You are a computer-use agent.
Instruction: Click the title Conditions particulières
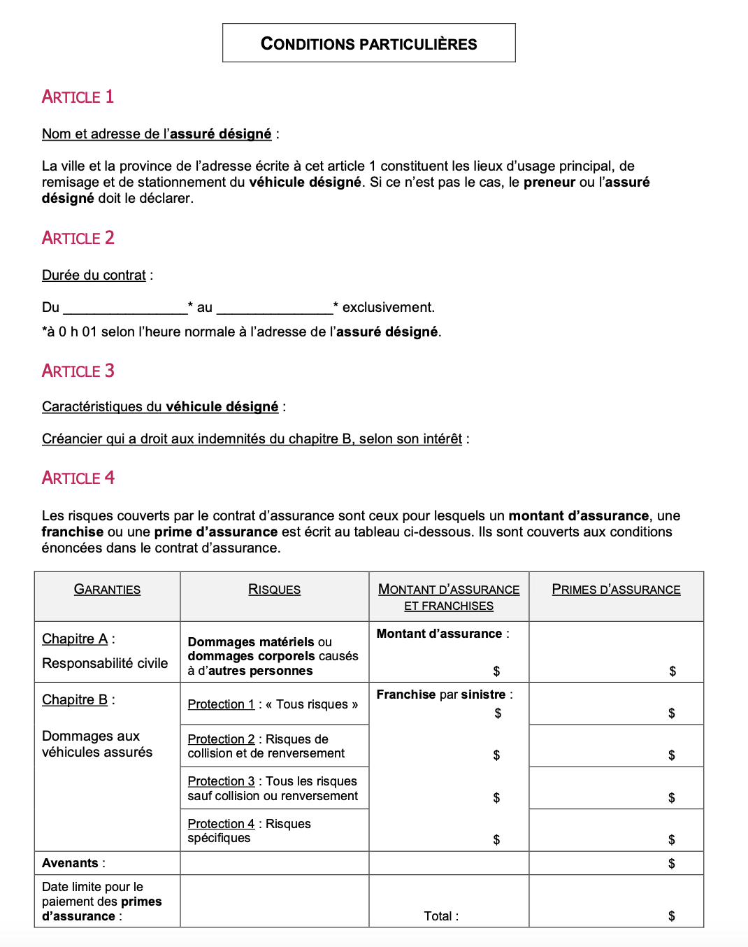(368, 43)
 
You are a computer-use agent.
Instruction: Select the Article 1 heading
(78, 97)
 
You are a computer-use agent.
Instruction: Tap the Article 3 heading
(78, 371)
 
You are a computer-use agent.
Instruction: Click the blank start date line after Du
(125, 308)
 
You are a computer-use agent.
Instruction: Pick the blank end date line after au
(275, 308)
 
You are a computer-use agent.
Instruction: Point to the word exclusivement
(388, 307)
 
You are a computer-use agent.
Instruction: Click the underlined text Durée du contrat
(94, 275)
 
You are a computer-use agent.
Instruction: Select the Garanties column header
(107, 589)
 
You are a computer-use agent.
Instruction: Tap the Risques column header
(274, 589)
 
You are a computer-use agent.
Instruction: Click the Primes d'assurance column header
(616, 589)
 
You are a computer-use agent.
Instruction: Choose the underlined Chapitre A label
(75, 639)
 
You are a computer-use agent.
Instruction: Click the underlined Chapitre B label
(75, 699)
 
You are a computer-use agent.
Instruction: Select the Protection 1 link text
(221, 704)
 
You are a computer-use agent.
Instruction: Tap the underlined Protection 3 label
(221, 781)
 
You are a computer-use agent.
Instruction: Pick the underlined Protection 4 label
(221, 824)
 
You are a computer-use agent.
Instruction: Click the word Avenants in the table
(70, 863)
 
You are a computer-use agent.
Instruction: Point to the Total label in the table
(440, 916)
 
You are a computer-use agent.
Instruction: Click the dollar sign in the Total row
(671, 916)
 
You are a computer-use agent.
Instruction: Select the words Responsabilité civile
(105, 663)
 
